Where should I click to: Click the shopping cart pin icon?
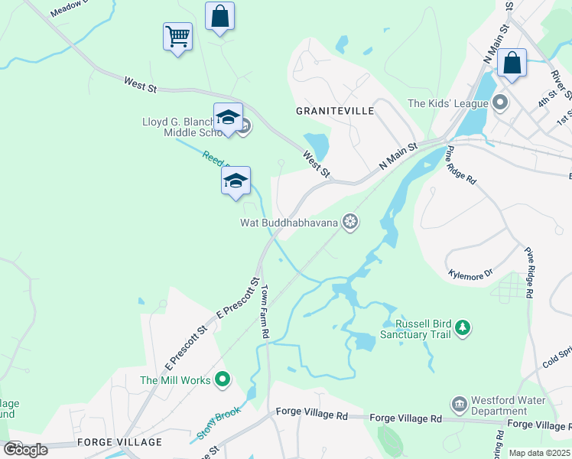177,36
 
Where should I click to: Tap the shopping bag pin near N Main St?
512,63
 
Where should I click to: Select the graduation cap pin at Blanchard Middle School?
228,117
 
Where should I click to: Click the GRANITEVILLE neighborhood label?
335,111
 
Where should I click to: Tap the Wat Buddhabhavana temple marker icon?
350,223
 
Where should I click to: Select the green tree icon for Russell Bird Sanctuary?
462,328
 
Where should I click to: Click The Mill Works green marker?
223,379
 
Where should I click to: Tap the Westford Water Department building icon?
458,403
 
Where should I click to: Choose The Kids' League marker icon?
501,102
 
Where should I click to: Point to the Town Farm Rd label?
265,313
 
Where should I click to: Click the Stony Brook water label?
219,422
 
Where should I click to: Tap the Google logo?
26,449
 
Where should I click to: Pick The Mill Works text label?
175,379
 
